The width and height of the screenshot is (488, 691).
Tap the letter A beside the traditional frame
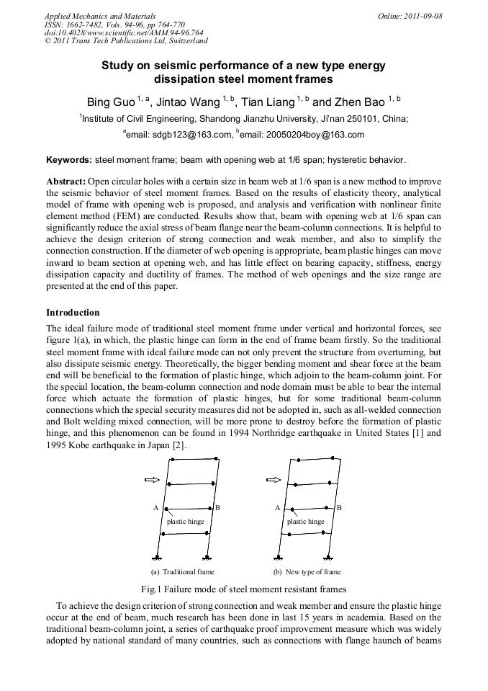tap(155, 508)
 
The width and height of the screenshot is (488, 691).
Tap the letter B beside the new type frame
tap(339, 508)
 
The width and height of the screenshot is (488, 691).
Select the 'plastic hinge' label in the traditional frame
tap(186, 521)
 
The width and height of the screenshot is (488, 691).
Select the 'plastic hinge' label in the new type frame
tap(306, 521)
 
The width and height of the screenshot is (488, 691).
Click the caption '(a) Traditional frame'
tap(183, 572)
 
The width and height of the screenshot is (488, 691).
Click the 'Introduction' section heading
tap(73, 313)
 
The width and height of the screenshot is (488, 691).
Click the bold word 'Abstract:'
tap(66, 182)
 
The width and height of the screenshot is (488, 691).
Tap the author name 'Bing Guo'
tap(110, 102)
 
